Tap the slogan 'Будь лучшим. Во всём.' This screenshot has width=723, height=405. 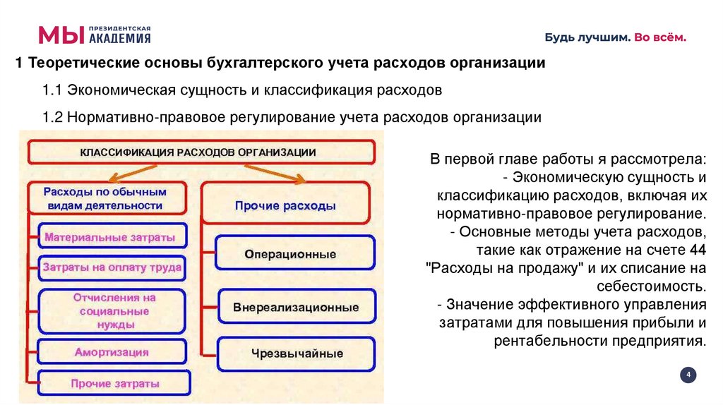(x=614, y=37)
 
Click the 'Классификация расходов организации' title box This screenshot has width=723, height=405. (x=201, y=152)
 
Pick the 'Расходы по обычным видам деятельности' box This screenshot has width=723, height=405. (x=104, y=198)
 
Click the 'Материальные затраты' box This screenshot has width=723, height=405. (x=109, y=238)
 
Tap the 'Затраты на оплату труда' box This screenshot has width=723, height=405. (x=112, y=268)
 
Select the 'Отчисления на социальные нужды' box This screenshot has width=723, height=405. (x=114, y=311)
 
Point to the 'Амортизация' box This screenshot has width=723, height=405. (x=112, y=351)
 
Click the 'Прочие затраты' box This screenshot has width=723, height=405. (x=114, y=383)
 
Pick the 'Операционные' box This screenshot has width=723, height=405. (x=290, y=253)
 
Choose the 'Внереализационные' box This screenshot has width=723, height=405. (x=296, y=308)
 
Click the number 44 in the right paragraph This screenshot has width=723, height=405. (x=699, y=250)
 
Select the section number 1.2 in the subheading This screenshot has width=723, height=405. (x=52, y=118)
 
